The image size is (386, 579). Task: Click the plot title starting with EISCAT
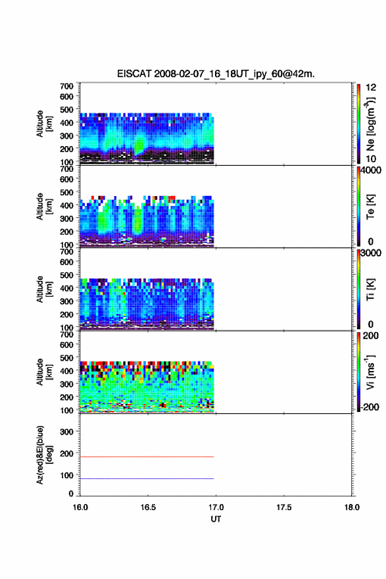pos(216,74)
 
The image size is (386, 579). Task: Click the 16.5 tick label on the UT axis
pos(148,507)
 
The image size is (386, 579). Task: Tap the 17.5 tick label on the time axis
pos(284,507)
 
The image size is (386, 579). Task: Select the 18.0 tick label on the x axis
pos(352,507)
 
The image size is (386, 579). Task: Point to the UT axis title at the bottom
pos(216,519)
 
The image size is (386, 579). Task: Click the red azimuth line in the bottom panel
pos(147,457)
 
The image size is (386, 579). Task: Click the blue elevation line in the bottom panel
pos(147,478)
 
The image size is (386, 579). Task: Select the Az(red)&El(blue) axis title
pos(44,455)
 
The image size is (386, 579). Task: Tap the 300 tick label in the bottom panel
pos(66,432)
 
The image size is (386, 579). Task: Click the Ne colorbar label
pos(370,124)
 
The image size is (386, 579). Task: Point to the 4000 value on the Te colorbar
pos(371,170)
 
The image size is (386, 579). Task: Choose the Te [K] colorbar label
pos(370,207)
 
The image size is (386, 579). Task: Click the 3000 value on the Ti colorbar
pos(371,253)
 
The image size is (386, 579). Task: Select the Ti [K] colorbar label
pos(370,289)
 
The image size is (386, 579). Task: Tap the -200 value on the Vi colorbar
pos(370,407)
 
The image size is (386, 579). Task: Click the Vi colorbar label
pos(370,372)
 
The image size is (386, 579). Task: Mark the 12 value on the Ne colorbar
pos(371,88)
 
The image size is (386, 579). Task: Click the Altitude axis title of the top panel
pos(44,124)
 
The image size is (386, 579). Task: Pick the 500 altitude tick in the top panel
pos(66,110)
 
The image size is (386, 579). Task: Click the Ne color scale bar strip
pos(358,124)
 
